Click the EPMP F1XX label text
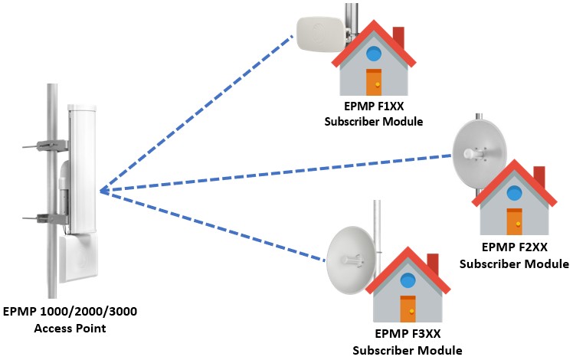point(374,106)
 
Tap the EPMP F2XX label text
point(515,247)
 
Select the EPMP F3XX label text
point(408,334)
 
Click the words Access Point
point(70,328)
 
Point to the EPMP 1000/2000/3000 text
point(70,312)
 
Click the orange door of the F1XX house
point(374,82)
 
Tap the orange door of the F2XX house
point(514,221)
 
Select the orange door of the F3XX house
point(408,309)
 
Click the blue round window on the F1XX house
point(374,54)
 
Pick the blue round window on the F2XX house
point(515,193)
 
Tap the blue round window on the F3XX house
point(408,280)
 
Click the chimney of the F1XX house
point(398,37)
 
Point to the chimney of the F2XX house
point(539,177)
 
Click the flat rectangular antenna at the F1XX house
point(320,34)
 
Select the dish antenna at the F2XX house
point(479,152)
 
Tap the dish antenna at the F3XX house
point(351,260)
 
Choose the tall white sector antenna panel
point(82,169)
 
